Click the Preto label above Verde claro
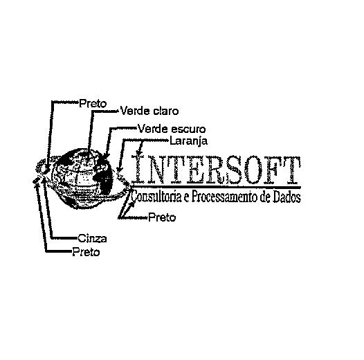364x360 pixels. tap(93, 104)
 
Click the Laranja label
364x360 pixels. tap(188, 141)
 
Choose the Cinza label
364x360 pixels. tap(92, 239)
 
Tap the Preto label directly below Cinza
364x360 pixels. tap(86, 252)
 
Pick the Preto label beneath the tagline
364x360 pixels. tap(162, 217)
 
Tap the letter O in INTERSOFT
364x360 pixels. tap(251, 170)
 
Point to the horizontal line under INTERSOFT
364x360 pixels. tap(216, 187)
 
